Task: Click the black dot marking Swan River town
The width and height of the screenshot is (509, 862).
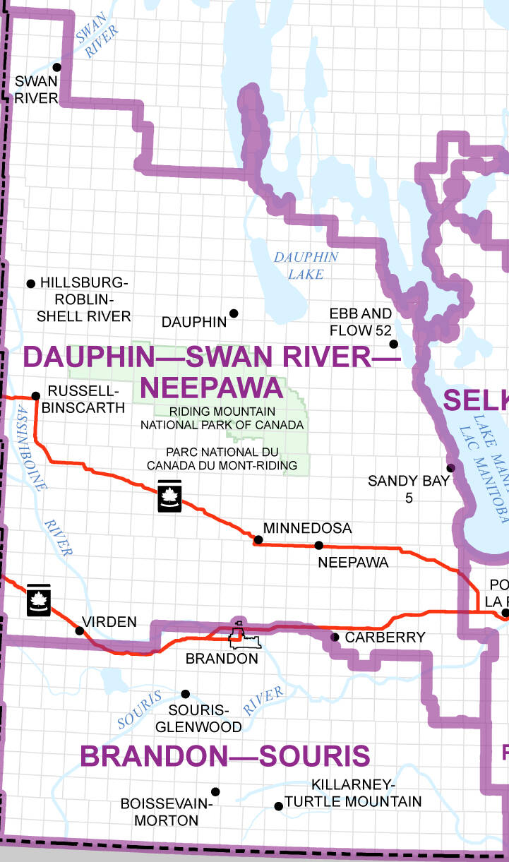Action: point(57,67)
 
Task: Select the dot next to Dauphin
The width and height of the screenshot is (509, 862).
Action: point(234,313)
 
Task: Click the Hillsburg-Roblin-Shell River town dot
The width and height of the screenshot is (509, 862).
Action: point(30,284)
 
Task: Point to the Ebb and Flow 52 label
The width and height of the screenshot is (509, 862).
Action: point(361,321)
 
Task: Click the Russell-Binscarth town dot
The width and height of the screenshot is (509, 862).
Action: point(36,395)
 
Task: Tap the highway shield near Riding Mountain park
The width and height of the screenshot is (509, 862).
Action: point(169,497)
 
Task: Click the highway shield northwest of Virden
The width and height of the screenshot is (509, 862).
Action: point(37,599)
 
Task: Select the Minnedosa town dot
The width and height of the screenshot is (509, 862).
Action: point(258,540)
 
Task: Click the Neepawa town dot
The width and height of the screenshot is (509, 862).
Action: point(318,545)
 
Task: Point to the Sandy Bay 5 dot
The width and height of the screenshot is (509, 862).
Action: point(450,467)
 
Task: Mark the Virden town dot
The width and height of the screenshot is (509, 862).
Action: point(79,629)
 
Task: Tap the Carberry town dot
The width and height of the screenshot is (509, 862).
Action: point(335,637)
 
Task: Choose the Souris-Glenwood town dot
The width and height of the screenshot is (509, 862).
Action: point(186,694)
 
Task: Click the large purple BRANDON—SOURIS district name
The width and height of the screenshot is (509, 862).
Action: point(224,756)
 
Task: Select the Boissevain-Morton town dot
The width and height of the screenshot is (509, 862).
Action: point(215,792)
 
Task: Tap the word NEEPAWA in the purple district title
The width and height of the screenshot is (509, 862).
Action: point(212,388)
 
